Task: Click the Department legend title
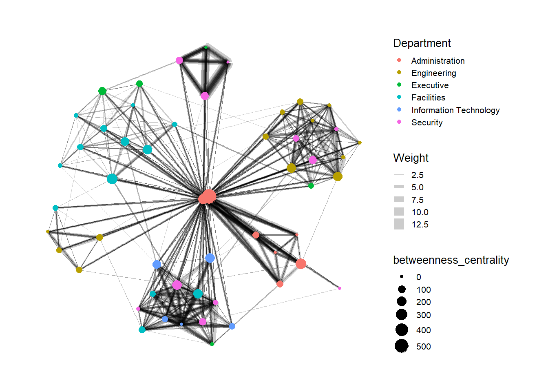coord(422,43)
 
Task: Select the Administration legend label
coord(438,61)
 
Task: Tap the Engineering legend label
coord(433,73)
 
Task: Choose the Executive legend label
coord(430,85)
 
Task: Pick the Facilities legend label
coord(428,98)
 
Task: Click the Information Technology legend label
coord(455,110)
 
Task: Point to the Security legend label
coord(426,122)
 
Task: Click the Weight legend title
coord(411,158)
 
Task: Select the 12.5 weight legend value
coord(420,225)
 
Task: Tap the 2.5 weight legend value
coord(417,175)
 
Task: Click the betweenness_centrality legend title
coord(451,260)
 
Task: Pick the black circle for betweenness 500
coord(402,346)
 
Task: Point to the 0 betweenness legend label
coord(418,277)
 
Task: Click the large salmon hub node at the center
coord(208,197)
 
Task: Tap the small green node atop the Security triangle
coord(206,47)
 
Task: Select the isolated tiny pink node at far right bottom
coord(339,288)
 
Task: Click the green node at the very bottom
coord(212,344)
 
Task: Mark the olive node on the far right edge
coord(360,143)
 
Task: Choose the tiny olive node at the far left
coord(48,232)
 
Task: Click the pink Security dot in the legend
coord(399,122)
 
